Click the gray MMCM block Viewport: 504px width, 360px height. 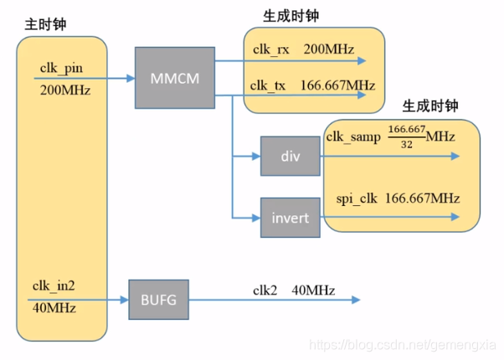[173, 79]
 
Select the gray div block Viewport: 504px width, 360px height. [290, 156]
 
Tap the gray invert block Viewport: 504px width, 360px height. [290, 218]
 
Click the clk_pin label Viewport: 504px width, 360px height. [60, 66]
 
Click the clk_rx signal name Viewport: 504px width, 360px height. [272, 49]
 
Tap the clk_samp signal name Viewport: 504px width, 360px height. [352, 136]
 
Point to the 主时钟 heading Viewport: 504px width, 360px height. [45, 24]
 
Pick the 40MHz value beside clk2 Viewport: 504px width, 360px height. [313, 291]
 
